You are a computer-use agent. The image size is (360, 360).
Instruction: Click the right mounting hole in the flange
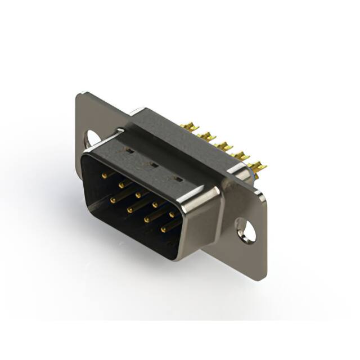(x=246, y=230)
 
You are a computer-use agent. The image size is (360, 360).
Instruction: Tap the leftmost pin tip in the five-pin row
(x=104, y=175)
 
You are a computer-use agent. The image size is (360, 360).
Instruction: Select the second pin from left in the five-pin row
(x=121, y=184)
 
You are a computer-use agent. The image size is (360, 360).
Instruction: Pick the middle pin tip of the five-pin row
(x=138, y=195)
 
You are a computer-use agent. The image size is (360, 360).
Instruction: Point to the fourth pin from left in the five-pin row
(x=155, y=205)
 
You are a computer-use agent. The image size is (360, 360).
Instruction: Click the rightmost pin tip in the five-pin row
(x=172, y=214)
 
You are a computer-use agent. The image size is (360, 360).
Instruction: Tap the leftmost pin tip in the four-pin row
(x=113, y=200)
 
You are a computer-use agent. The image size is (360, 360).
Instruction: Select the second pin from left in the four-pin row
(x=129, y=210)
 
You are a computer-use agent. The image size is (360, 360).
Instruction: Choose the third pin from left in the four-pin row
(x=146, y=220)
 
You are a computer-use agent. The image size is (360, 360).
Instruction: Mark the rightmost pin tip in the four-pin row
(x=164, y=229)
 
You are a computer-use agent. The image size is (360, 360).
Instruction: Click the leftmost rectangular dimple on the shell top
(x=129, y=151)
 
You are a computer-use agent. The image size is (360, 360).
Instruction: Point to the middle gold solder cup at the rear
(x=223, y=146)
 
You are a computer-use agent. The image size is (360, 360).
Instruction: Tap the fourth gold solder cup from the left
(x=240, y=155)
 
